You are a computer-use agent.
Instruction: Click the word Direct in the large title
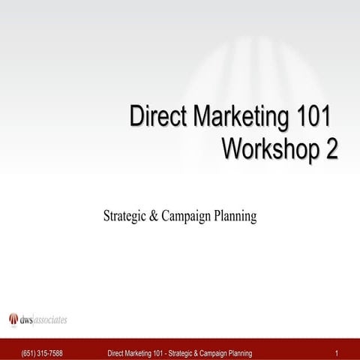tap(154, 118)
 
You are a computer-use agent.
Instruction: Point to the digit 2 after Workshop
tap(330, 148)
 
